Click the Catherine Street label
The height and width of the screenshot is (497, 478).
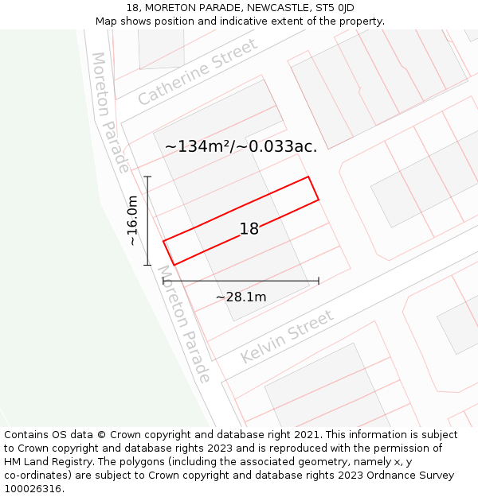[x=198, y=72]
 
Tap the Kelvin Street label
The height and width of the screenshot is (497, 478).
[x=287, y=337]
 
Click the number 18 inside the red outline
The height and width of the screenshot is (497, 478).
[x=249, y=229]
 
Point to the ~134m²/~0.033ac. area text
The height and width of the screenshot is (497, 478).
[x=241, y=146]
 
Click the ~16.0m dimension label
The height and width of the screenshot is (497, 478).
[x=132, y=220]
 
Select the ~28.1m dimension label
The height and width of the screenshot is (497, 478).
[x=241, y=297]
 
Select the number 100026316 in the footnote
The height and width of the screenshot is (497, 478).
[x=32, y=488]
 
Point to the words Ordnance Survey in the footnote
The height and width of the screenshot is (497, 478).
[x=409, y=475]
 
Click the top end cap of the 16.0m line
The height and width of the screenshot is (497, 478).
[x=147, y=177]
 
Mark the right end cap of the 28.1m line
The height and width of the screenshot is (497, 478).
[x=319, y=281]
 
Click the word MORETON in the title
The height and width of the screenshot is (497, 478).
[x=168, y=8]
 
